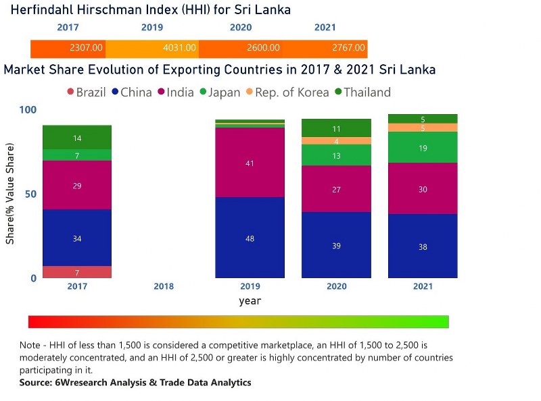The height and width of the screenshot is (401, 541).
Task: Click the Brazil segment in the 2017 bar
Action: (76, 272)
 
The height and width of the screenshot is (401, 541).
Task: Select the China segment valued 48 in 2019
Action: (250, 238)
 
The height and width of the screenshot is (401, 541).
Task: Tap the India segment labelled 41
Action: (250, 163)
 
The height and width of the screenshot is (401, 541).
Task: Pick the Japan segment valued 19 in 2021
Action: (423, 147)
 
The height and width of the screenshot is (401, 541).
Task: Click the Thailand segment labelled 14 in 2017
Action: (76, 138)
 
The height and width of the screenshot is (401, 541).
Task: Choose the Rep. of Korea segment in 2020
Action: (336, 141)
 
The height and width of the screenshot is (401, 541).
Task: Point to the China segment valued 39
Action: (336, 245)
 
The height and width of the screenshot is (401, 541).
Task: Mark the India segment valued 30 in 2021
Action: (423, 189)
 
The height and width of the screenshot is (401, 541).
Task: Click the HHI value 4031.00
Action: (181, 48)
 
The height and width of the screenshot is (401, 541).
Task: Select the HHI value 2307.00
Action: (87, 48)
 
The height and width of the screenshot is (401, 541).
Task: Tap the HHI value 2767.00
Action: (349, 48)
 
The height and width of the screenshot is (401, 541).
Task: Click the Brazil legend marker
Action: (70, 92)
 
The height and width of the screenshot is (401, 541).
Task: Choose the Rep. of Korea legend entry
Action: (298, 92)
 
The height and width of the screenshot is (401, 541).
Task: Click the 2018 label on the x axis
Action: (164, 286)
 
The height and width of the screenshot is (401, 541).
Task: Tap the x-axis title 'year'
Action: (250, 301)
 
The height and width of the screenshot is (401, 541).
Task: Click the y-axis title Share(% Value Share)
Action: (10, 194)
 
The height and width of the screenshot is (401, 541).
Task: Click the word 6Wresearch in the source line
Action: (80, 383)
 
